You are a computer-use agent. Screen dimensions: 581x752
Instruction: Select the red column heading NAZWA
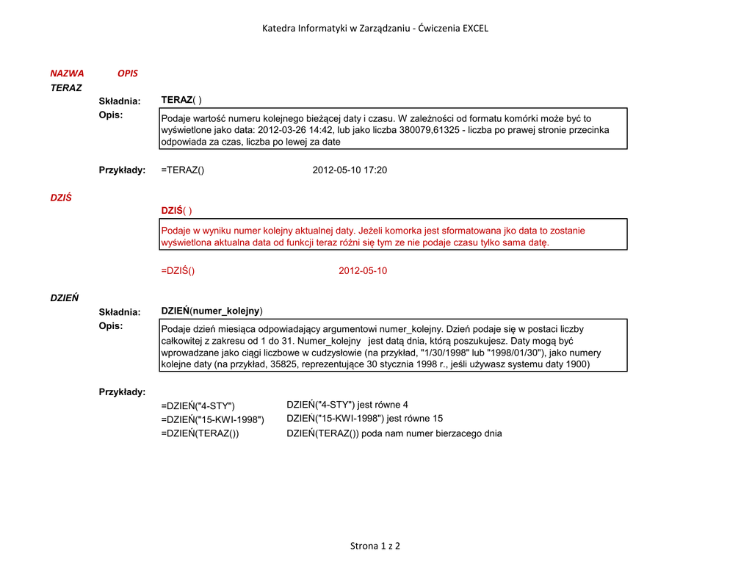pyautogui.click(x=67, y=73)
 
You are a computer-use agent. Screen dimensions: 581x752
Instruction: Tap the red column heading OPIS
pyautogui.click(x=128, y=73)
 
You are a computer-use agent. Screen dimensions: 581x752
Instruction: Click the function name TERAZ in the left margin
pyautogui.click(x=66, y=87)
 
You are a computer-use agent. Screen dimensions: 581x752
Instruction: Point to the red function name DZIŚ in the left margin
pyautogui.click(x=61, y=198)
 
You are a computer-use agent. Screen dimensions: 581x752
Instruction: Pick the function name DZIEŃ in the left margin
pyautogui.click(x=65, y=298)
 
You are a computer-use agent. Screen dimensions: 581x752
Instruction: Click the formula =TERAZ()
pyautogui.click(x=182, y=170)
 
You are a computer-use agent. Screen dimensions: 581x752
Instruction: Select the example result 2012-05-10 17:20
pyautogui.click(x=350, y=170)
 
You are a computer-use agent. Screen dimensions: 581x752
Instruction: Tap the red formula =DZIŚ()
pyautogui.click(x=178, y=271)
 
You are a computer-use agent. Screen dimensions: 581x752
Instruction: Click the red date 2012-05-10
pyautogui.click(x=363, y=271)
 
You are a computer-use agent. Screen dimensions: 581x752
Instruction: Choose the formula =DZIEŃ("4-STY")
pyautogui.click(x=198, y=406)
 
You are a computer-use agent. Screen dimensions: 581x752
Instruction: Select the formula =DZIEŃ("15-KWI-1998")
pyautogui.click(x=212, y=419)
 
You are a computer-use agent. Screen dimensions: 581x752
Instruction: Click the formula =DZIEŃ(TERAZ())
pyautogui.click(x=200, y=433)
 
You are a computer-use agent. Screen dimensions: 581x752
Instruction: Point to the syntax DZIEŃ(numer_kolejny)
pyautogui.click(x=211, y=311)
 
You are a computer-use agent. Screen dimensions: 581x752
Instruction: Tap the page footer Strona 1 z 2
pyautogui.click(x=375, y=546)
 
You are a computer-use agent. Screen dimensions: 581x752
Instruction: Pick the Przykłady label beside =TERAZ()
pyautogui.click(x=122, y=170)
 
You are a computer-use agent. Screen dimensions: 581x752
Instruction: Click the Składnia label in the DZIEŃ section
pyautogui.click(x=120, y=312)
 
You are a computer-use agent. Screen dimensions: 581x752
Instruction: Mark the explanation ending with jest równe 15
pyautogui.click(x=364, y=419)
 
